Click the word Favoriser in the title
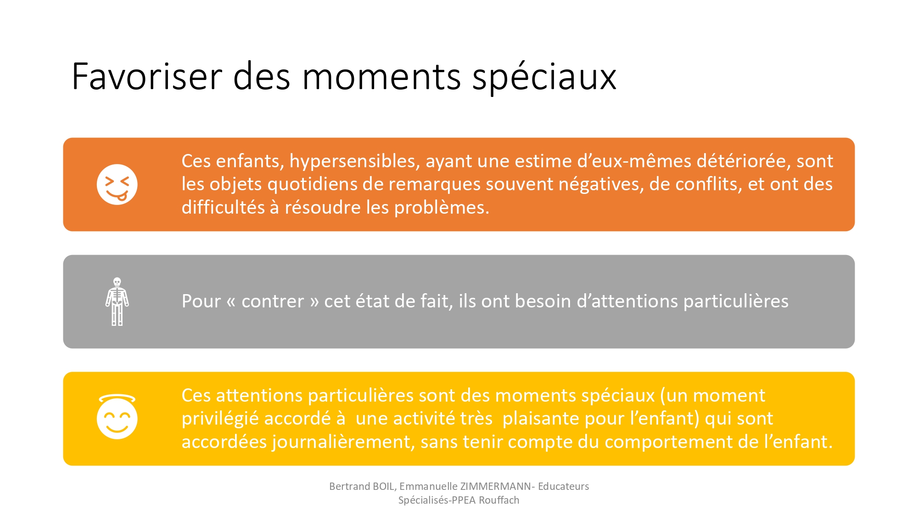pos(147,76)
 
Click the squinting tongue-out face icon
pos(117,184)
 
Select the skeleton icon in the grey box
pos(117,301)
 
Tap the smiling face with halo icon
pos(117,416)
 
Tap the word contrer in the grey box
pos(273,301)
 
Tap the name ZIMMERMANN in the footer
pos(496,486)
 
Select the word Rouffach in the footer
pos(499,500)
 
